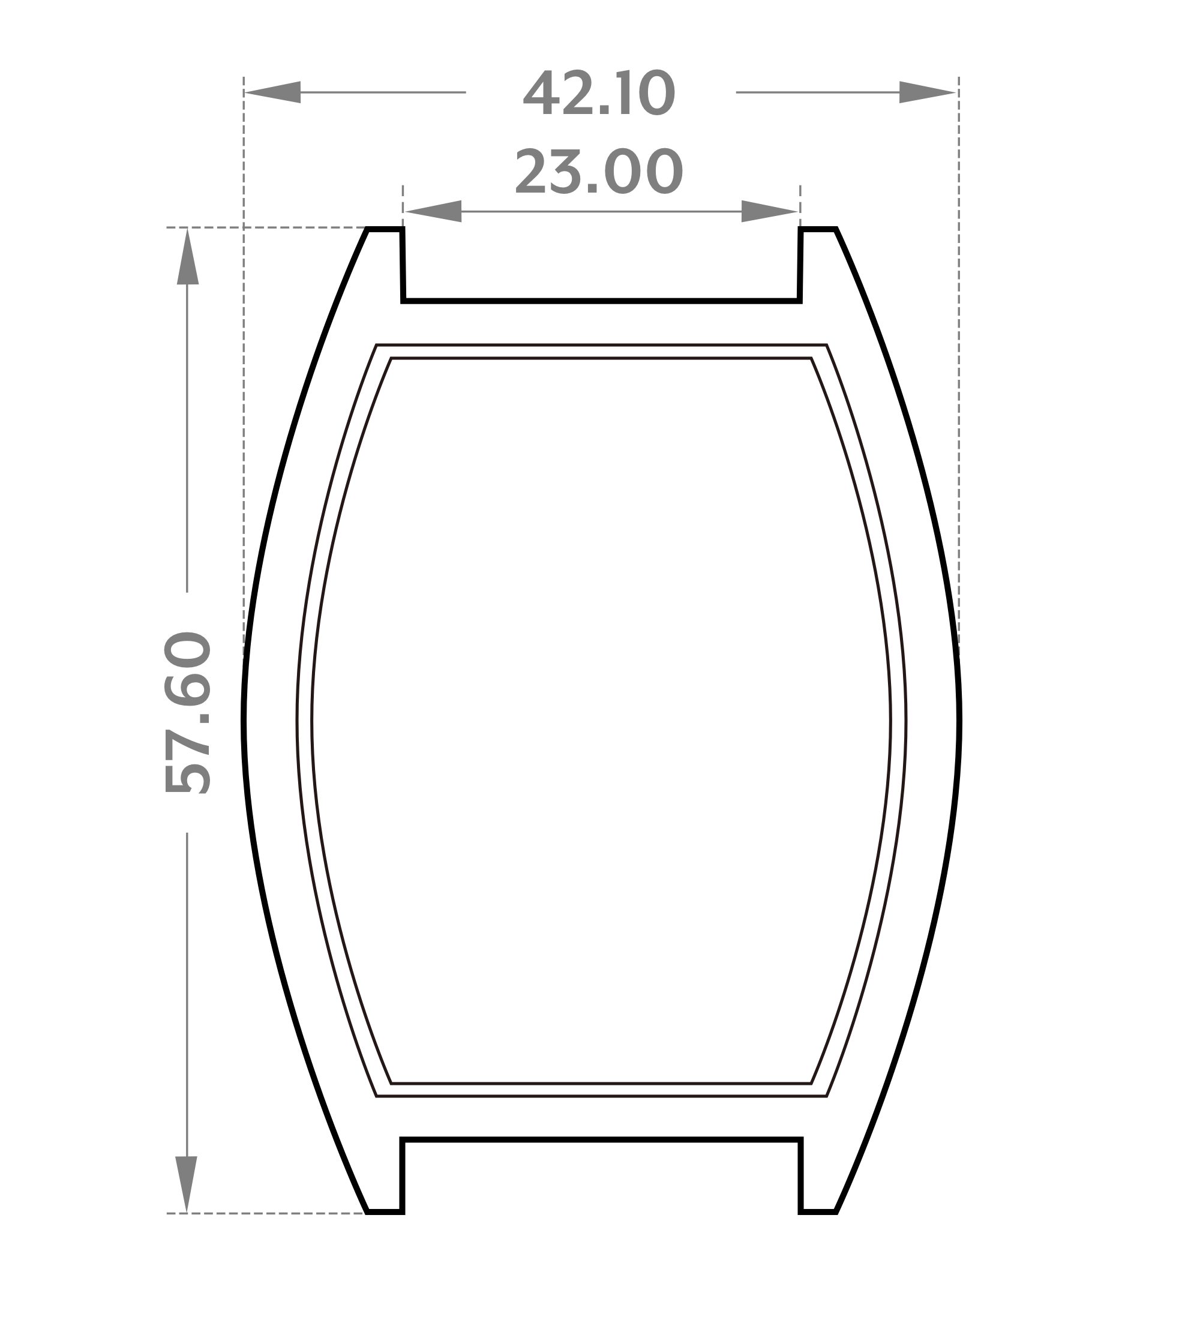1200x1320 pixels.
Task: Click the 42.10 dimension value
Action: (599, 92)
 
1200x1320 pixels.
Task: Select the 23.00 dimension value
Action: (599, 172)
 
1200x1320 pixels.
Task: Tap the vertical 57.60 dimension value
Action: (187, 712)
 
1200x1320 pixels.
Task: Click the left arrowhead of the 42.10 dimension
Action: (272, 92)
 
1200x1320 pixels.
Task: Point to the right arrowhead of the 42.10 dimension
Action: (928, 92)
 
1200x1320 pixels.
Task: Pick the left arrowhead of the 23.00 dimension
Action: (433, 211)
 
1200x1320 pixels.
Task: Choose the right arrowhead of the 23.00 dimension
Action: (769, 211)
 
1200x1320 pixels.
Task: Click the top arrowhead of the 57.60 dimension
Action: (188, 257)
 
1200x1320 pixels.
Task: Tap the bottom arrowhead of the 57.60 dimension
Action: (187, 1184)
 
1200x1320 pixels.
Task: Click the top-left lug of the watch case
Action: (385, 262)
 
